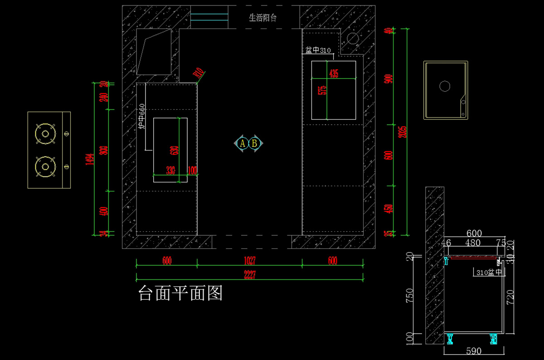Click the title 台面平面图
point(180,294)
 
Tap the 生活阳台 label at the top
point(262,18)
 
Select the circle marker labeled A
point(243,143)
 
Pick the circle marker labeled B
point(255,143)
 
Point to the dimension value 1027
point(249,261)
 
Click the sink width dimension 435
point(334,73)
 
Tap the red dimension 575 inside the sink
point(322,90)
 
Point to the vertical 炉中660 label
point(141,117)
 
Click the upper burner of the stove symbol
point(45,133)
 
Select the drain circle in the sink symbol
point(445,86)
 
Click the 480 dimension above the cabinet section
point(473,243)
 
